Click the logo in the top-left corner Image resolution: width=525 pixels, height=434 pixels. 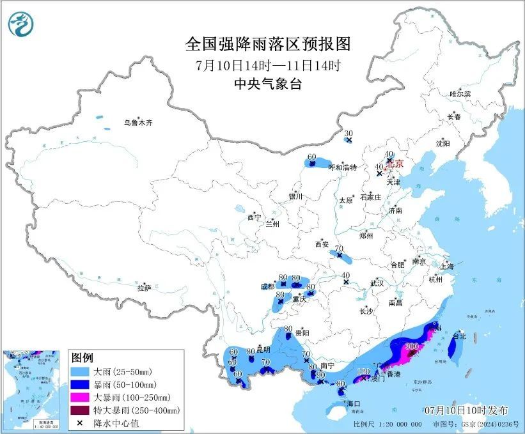click(21, 25)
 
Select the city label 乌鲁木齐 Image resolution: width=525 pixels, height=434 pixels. click(139, 122)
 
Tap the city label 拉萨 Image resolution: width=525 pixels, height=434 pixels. click(144, 288)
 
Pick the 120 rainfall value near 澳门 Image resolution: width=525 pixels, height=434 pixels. click(363, 371)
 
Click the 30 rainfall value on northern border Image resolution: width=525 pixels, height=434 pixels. click(348, 133)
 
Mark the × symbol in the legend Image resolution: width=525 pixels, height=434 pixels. click(80, 422)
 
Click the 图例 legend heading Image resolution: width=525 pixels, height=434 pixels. click(83, 357)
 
